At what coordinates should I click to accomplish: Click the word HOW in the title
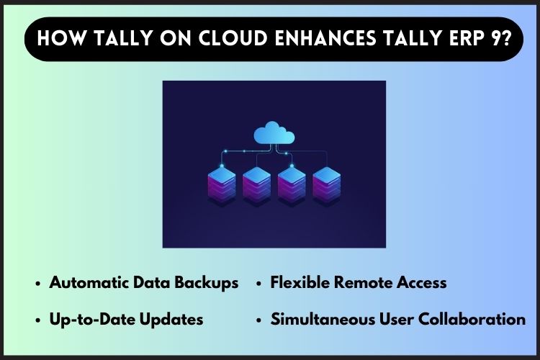[60, 38]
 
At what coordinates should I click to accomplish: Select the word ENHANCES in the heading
[325, 38]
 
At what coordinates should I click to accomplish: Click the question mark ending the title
[505, 38]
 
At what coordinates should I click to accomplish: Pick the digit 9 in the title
[492, 38]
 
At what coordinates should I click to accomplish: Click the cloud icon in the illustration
[274, 132]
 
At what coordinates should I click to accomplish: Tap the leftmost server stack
[222, 185]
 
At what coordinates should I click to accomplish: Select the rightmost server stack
[326, 185]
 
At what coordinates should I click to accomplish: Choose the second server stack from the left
[256, 185]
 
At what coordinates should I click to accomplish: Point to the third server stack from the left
[292, 185]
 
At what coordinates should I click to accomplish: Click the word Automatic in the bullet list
[89, 282]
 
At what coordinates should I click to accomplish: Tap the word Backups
[207, 283]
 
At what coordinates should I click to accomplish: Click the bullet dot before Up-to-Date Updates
[38, 320]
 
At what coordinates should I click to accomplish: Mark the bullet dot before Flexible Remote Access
[259, 284]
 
